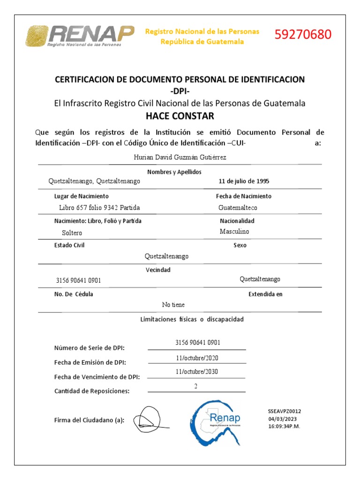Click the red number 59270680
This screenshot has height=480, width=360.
coord(303,35)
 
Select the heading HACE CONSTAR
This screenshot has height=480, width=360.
coord(180,116)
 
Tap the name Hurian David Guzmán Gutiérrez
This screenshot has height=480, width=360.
coord(180,157)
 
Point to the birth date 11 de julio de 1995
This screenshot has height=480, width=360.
coord(244,181)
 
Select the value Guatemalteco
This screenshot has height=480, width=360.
coord(238,208)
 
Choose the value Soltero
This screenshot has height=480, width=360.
coord(72,232)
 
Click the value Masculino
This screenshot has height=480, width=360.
coord(234,232)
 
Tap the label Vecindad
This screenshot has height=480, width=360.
coord(158,270)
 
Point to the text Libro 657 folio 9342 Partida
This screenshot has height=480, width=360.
coord(99,208)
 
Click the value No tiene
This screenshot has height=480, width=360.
coord(173,305)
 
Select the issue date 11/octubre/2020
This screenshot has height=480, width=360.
coord(197,358)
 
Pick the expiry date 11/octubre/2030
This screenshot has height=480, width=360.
coord(197,372)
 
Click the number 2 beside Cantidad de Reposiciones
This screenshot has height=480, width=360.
coord(196,386)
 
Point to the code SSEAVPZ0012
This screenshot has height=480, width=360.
coord(284,411)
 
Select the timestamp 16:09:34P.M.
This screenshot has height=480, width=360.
coord(284,427)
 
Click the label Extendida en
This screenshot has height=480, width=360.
coord(265,294)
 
